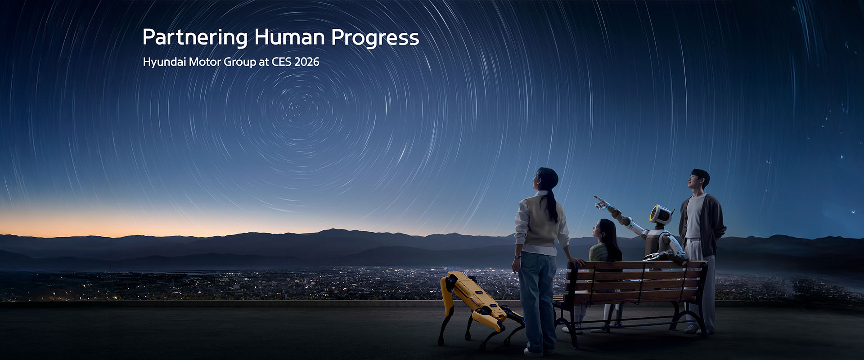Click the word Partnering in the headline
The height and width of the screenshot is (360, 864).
194,38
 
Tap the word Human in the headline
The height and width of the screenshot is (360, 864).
289,37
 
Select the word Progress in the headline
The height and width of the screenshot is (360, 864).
375,38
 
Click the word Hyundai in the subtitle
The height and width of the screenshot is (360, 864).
164,62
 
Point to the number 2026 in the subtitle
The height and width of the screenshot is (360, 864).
306,62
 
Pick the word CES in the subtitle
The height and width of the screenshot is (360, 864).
281,62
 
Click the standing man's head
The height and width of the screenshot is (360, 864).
699,179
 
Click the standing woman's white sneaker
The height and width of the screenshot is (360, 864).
533,352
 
